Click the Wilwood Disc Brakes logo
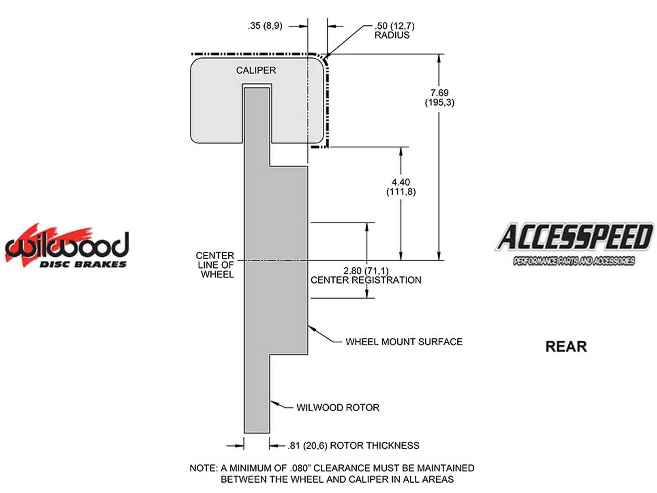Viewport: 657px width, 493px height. click(x=67, y=246)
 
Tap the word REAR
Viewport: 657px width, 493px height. click(x=566, y=347)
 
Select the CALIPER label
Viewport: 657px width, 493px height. click(x=256, y=70)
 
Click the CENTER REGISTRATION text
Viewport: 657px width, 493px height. click(x=366, y=280)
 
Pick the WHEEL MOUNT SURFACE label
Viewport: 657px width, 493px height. click(x=404, y=342)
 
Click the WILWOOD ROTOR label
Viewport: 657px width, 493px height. click(x=338, y=408)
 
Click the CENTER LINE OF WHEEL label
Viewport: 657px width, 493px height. click(x=215, y=265)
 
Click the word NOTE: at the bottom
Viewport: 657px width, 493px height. click(x=203, y=468)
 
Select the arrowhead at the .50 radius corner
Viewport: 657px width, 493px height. click(x=327, y=56)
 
